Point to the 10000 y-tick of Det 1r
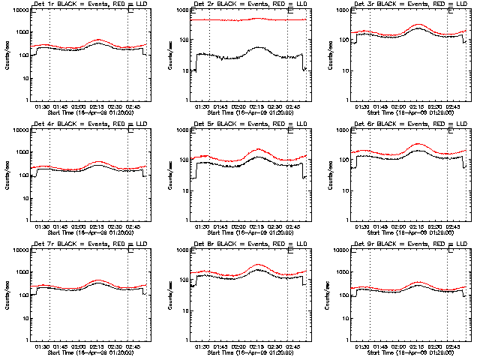tap(20, 10)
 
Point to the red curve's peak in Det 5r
tap(258, 149)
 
